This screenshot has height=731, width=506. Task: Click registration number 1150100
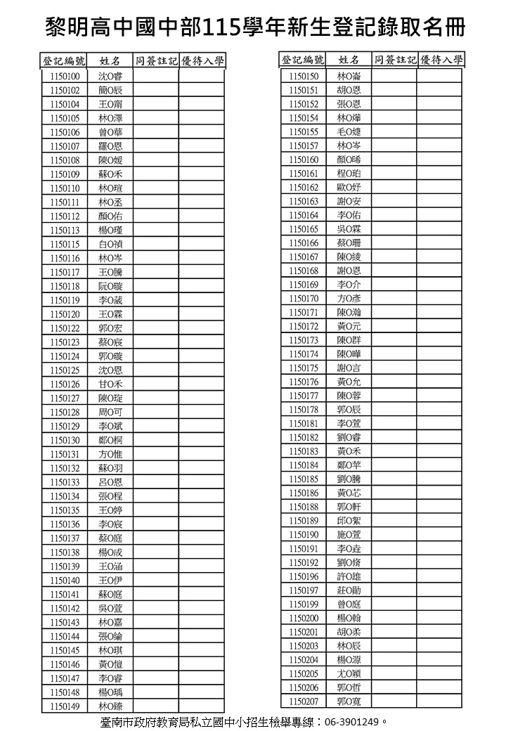coord(65,76)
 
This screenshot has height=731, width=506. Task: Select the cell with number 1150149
coord(65,706)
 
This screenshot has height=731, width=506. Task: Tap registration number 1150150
coord(304,76)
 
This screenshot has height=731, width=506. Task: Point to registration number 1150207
coord(304,701)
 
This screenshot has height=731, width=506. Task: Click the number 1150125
coord(65,370)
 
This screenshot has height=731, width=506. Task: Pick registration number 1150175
coord(304,368)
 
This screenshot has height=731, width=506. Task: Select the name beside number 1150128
coord(110,413)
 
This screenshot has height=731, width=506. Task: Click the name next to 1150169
coord(349,285)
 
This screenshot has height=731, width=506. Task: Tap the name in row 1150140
coord(110,581)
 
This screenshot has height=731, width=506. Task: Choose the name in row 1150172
coord(349,326)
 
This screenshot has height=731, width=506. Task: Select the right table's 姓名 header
coord(349,60)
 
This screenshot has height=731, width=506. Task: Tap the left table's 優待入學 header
coord(202,61)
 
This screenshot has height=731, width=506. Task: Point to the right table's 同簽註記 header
coord(394,60)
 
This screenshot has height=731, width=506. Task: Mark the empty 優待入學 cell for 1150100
coord(202,76)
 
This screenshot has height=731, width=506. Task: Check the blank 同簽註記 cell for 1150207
coord(394,701)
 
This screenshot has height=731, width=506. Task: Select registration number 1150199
coord(304,604)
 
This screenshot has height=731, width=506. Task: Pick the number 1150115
coord(65,244)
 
